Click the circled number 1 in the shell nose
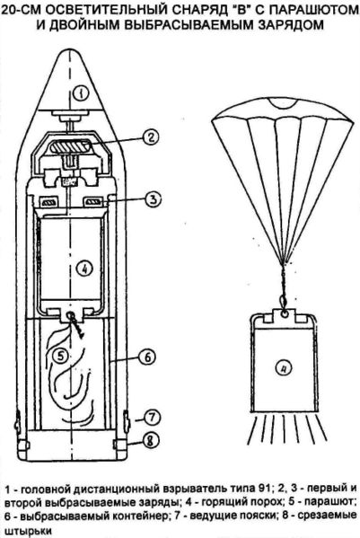click(81, 93)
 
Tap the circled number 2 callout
click(151, 137)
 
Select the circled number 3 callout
click(153, 199)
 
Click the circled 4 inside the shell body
click(84, 269)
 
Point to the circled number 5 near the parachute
click(61, 356)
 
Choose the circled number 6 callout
click(146, 357)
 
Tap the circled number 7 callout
click(152, 418)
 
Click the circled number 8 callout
click(150, 440)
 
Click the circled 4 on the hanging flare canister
click(284, 369)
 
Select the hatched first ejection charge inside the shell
click(71, 146)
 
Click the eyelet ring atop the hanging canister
click(284, 313)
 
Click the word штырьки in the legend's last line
click(26, 530)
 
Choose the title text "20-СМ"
click(22, 10)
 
